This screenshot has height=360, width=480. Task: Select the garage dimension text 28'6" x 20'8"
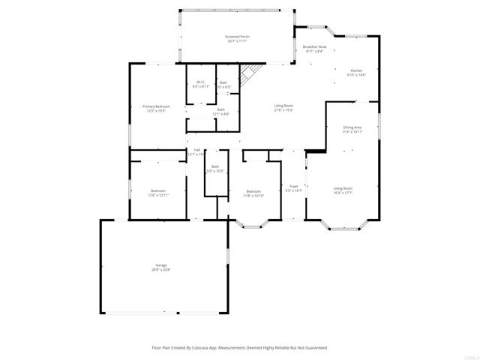[161, 270]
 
